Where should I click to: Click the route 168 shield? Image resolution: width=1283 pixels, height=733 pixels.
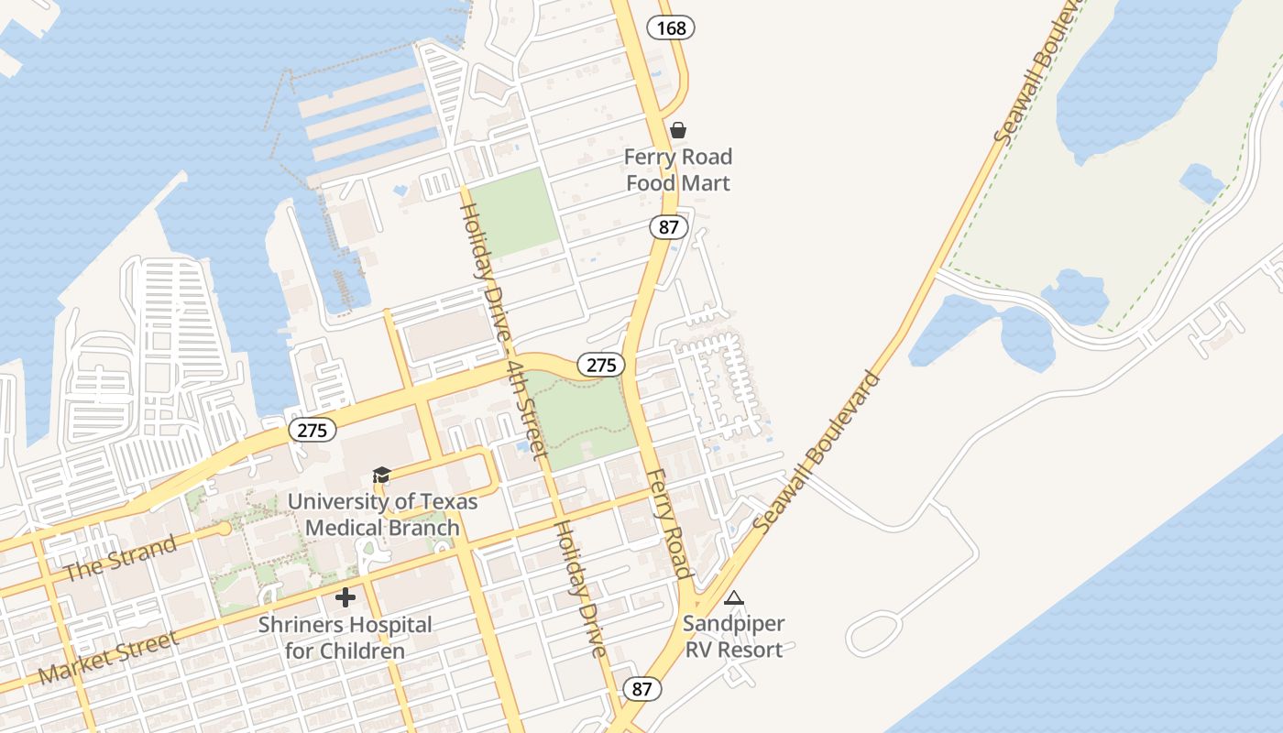671,28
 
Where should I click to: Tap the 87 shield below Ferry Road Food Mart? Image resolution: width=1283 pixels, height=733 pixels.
667,226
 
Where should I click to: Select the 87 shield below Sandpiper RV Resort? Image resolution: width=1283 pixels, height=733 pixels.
641,689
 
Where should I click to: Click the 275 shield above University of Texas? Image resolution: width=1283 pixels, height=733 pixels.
312,430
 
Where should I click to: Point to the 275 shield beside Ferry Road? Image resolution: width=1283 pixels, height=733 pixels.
601,365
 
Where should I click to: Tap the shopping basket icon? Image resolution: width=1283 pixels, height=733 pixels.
678,131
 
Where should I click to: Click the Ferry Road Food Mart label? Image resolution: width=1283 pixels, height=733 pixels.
678,170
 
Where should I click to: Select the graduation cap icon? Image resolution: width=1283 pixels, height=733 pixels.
381,475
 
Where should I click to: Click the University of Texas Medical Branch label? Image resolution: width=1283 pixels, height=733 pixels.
382,515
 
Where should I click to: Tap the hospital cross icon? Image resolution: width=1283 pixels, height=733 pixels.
345,597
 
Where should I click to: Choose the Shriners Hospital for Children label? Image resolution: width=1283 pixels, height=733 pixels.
345,638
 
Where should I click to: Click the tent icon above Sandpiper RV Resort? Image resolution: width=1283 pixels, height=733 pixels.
733,598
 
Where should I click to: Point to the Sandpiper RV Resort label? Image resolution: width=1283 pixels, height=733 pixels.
733,637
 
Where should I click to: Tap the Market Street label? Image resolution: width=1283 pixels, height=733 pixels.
108,658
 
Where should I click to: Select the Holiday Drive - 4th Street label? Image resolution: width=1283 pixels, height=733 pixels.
502,330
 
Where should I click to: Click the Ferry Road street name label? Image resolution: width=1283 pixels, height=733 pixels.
668,524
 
